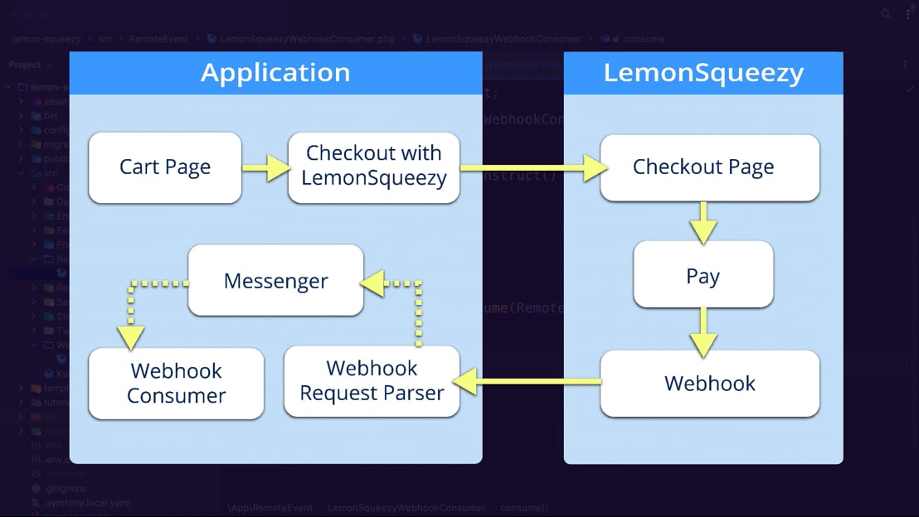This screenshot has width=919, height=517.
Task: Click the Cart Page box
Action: [164, 167]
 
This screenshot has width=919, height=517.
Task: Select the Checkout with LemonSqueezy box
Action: [373, 167]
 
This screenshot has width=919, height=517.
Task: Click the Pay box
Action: [703, 276]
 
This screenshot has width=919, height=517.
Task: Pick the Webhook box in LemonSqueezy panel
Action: [709, 384]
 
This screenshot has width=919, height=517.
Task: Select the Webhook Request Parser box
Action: [372, 381]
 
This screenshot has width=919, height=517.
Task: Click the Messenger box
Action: [275, 281]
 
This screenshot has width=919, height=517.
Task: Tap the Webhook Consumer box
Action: [176, 383]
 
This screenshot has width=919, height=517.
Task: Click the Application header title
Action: [275, 73]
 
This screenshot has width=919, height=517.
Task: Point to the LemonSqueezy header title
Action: [703, 73]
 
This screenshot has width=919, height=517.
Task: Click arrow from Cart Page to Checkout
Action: [265, 168]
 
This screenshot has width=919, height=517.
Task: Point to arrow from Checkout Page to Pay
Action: [703, 221]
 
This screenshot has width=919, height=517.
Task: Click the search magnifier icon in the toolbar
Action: [887, 14]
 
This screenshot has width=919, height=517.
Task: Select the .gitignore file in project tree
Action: [63, 489]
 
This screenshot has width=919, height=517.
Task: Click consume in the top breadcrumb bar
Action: [644, 39]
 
